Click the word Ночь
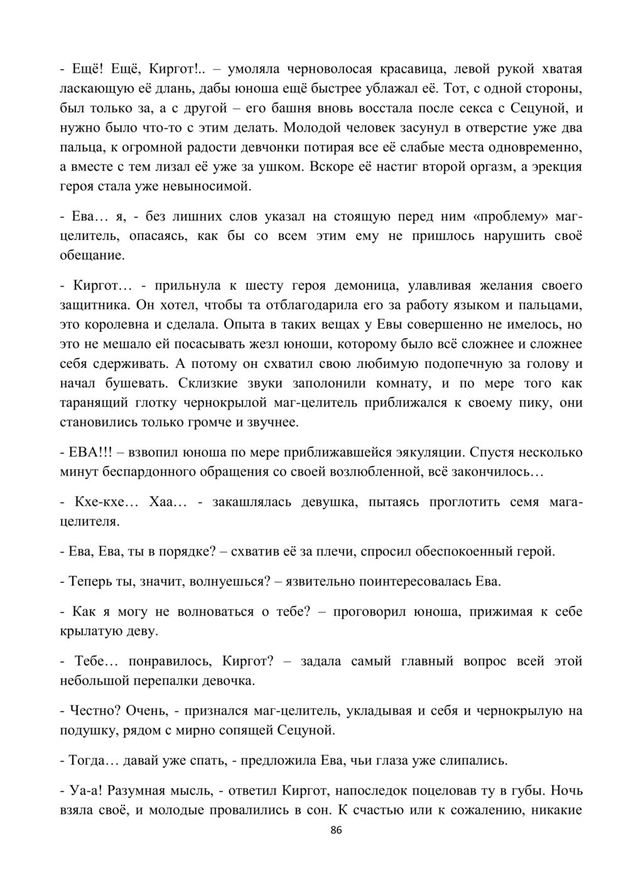567,790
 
